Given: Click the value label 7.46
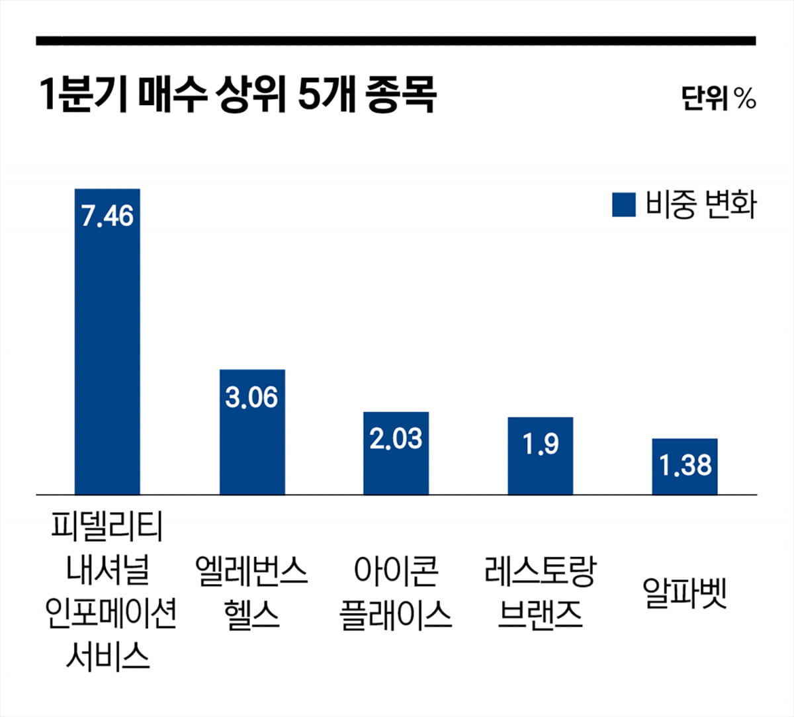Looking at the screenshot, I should (107, 216).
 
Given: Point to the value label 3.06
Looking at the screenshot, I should (252, 398).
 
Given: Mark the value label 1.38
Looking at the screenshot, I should (685, 465).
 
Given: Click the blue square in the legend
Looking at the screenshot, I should (624, 205).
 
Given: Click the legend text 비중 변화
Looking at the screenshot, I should (701, 205).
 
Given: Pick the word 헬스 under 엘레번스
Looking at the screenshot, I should (252, 614).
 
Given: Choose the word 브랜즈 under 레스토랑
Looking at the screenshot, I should (541, 614).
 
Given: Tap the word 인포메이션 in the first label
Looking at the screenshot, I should (111, 613).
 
